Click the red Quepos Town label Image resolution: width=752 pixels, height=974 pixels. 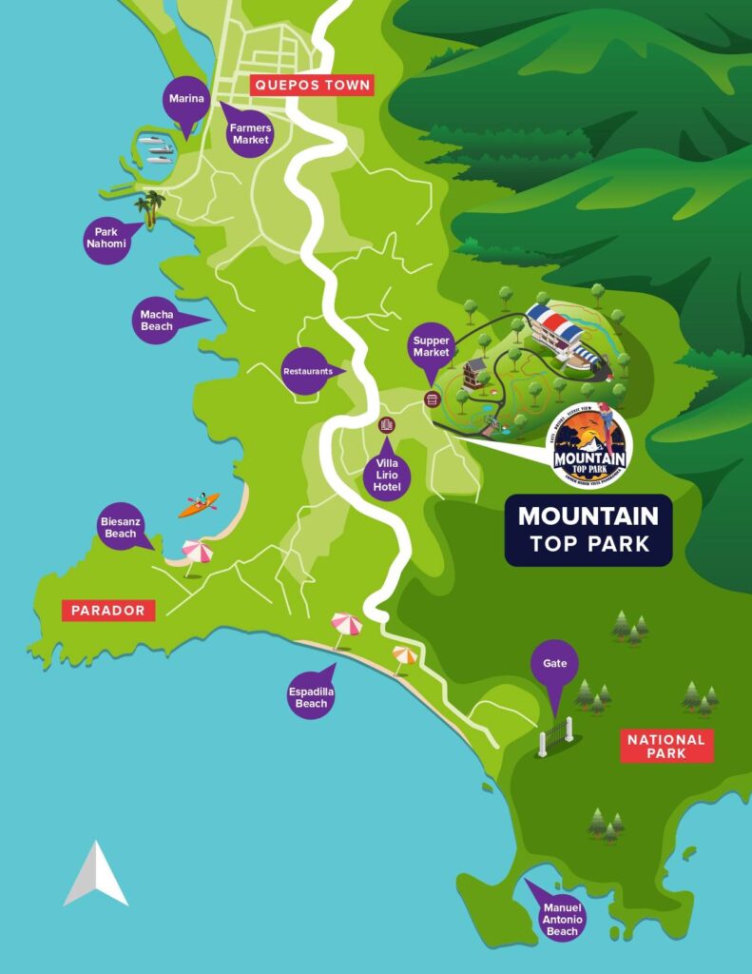click(311, 86)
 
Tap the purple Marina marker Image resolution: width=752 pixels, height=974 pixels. click(185, 101)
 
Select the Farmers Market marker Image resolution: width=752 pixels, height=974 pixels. click(249, 134)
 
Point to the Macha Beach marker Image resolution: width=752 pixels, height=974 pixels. click(157, 320)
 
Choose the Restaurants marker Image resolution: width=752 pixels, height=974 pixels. click(307, 371)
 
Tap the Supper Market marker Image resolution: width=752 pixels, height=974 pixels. click(431, 347)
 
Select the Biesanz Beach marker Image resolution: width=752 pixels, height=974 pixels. click(121, 527)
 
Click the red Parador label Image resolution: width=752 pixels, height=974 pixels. click(108, 611)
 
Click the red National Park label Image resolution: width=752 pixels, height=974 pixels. click(666, 747)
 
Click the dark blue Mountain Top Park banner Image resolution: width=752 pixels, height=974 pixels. click(588, 530)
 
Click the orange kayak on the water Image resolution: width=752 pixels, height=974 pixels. click(199, 504)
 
